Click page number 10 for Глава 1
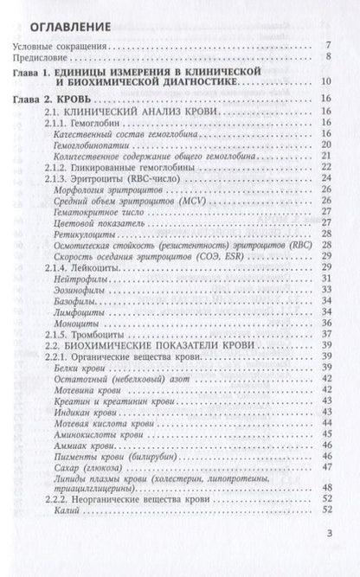click(325, 82)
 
